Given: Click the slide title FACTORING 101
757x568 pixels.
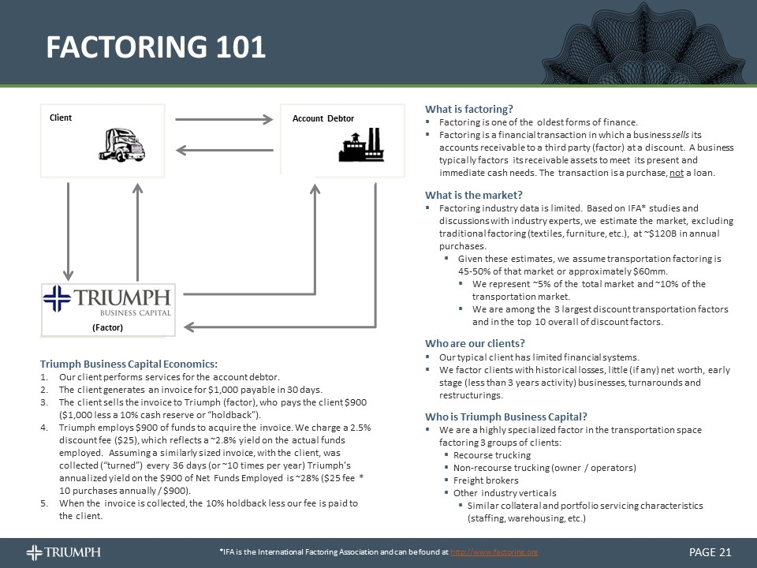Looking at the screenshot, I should click(x=155, y=47).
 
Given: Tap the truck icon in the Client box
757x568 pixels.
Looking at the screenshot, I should click(x=123, y=144).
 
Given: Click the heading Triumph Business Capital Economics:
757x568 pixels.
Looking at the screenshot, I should click(x=129, y=364).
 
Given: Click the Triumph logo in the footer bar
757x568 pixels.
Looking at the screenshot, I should click(x=63, y=551).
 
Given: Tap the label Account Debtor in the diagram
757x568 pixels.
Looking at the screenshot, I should click(x=323, y=118).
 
